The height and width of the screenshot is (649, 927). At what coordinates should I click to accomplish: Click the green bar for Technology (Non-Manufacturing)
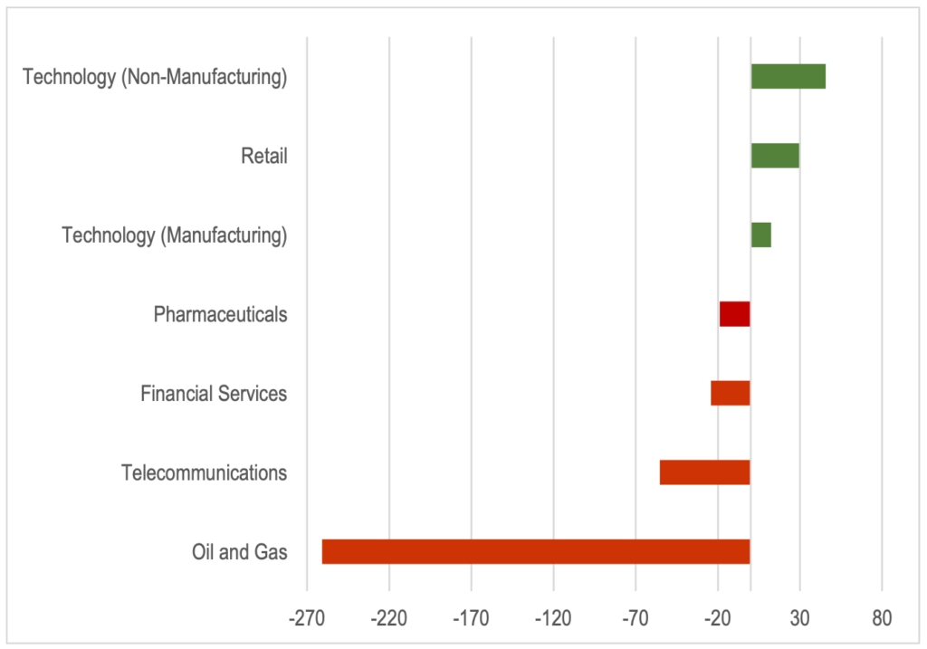point(788,77)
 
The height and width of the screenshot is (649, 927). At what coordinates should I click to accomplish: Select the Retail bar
point(775,156)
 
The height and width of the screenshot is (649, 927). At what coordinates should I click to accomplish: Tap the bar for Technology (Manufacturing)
point(761,235)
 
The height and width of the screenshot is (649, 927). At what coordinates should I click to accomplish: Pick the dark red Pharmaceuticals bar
point(735,314)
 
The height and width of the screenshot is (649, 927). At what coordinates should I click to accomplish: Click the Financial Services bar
point(731,394)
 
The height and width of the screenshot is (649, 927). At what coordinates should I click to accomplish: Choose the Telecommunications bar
point(705,472)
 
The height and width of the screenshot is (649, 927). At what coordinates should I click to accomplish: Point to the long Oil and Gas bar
point(536,551)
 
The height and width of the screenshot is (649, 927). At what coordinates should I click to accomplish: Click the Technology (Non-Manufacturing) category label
point(155,78)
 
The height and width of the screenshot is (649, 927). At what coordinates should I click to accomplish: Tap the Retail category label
point(264,157)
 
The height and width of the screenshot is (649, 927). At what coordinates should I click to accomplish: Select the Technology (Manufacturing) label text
point(175,236)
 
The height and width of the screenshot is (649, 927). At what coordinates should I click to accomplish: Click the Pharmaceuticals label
point(220,315)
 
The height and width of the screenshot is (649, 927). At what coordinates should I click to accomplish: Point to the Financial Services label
point(214,394)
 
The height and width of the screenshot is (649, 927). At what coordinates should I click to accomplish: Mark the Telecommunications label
point(205,472)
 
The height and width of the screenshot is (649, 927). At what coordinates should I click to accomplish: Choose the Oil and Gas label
point(240,551)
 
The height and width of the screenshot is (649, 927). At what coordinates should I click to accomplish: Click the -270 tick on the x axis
point(308,619)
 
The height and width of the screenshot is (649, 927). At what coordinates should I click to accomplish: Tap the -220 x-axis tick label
point(389,619)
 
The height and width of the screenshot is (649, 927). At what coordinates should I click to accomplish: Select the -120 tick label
point(553,619)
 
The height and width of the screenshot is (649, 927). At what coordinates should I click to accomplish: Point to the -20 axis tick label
point(718,619)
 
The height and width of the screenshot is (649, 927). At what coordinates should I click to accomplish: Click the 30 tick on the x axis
point(799,619)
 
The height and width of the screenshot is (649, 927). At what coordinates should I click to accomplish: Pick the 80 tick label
point(882,619)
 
